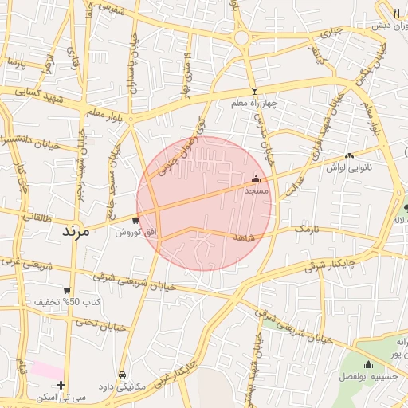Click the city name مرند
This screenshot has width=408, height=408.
pyautogui.click(x=78, y=232)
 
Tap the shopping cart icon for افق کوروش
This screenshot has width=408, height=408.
pyautogui.click(x=135, y=221)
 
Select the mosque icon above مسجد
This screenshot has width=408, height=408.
pyautogui.click(x=256, y=179)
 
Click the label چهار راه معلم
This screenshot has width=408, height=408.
pyautogui.click(x=253, y=104)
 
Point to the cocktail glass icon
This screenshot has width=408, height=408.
pyautogui.click(x=254, y=91)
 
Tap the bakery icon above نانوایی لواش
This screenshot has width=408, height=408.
pyautogui.click(x=349, y=156)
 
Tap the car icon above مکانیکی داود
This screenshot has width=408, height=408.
pyautogui.click(x=121, y=374)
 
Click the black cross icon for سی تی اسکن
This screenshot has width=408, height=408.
pyautogui.click(x=61, y=385)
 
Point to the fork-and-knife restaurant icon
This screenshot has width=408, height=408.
pyautogui.click(x=397, y=13)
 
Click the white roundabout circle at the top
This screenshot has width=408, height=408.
pyautogui.click(x=241, y=37)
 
